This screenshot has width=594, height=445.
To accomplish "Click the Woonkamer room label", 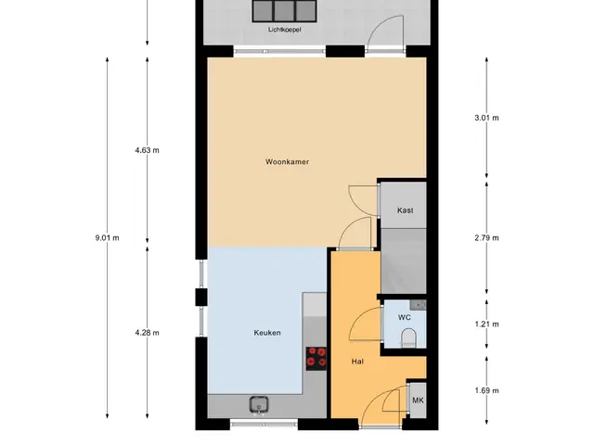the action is (x=287, y=162).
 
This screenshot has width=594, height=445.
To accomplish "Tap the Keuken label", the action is (x=267, y=333).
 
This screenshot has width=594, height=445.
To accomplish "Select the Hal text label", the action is (x=357, y=362).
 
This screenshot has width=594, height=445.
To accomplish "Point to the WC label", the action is (x=405, y=317).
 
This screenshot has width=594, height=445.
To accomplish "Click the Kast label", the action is (x=406, y=210).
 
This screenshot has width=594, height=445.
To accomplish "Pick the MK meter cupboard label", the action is (x=418, y=400).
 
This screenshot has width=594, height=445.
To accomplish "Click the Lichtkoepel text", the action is (x=285, y=30).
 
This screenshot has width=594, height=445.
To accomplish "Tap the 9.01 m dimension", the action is (x=108, y=238).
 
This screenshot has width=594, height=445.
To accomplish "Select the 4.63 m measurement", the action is (x=147, y=150).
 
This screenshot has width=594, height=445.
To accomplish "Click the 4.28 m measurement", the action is (x=147, y=333).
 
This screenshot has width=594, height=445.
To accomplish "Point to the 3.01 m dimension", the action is (x=486, y=118).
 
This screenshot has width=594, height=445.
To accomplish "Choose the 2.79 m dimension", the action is (x=486, y=238).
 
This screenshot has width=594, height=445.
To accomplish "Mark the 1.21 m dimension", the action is (x=486, y=324).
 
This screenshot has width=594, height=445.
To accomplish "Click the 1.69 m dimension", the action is (x=486, y=391).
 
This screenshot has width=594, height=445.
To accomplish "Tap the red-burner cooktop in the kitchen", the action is (x=316, y=359).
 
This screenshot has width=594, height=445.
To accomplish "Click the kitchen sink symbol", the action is (x=260, y=405).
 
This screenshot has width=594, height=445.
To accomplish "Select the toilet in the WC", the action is (x=408, y=337).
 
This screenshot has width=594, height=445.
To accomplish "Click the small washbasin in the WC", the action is (x=418, y=305).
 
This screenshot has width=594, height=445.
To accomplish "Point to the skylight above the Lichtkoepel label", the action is (x=285, y=10).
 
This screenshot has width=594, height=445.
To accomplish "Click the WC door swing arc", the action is (x=360, y=319).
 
